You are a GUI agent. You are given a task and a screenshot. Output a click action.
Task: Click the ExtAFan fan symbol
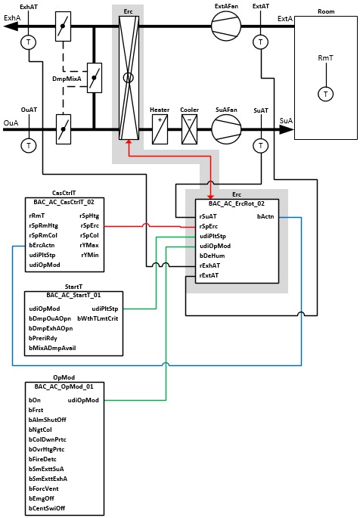pyautogui.click(x=226, y=26)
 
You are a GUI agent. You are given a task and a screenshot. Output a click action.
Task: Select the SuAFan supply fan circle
pyautogui.click(x=226, y=129)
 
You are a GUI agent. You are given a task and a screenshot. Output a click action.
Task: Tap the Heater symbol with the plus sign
pyautogui.click(x=160, y=129)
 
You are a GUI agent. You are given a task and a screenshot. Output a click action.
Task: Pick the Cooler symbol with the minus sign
pyautogui.click(x=190, y=129)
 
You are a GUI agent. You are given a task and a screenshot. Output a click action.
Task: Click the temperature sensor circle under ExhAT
pyautogui.click(x=29, y=42)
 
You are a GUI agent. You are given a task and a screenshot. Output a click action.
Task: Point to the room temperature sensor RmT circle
pyautogui.click(x=326, y=94)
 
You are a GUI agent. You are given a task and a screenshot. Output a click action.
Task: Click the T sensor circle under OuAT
pyautogui.click(x=29, y=145)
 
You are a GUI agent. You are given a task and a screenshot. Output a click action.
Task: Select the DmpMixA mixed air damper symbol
pyautogui.click(x=95, y=78)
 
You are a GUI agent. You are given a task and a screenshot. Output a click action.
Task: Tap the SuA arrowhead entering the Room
pyautogui.click(x=287, y=129)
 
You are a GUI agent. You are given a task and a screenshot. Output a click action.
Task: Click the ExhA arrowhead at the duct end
pyautogui.click(x=11, y=26)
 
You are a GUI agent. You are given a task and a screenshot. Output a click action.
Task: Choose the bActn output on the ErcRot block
pyautogui.click(x=265, y=217)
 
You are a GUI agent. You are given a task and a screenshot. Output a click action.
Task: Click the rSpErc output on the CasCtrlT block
pyautogui.click(x=89, y=226)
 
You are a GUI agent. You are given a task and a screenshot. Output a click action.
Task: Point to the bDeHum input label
pyautogui.click(x=212, y=256)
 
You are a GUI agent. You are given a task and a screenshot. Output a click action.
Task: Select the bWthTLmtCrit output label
pyautogui.click(x=98, y=318)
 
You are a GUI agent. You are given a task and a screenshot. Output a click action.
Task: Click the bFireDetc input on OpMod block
pyautogui.click(x=42, y=459)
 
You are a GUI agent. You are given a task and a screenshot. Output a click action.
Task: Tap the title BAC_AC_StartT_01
pyautogui.click(x=73, y=295)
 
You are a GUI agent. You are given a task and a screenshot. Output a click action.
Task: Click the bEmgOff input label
pyautogui.click(x=42, y=498)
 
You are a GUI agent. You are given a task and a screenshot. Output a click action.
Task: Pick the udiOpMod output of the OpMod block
pyautogui.click(x=83, y=400)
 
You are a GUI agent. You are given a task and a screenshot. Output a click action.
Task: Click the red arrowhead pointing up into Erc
pyautogui.click(x=129, y=142)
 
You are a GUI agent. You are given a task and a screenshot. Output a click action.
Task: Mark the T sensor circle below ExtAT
pyautogui.click(x=261, y=42)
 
